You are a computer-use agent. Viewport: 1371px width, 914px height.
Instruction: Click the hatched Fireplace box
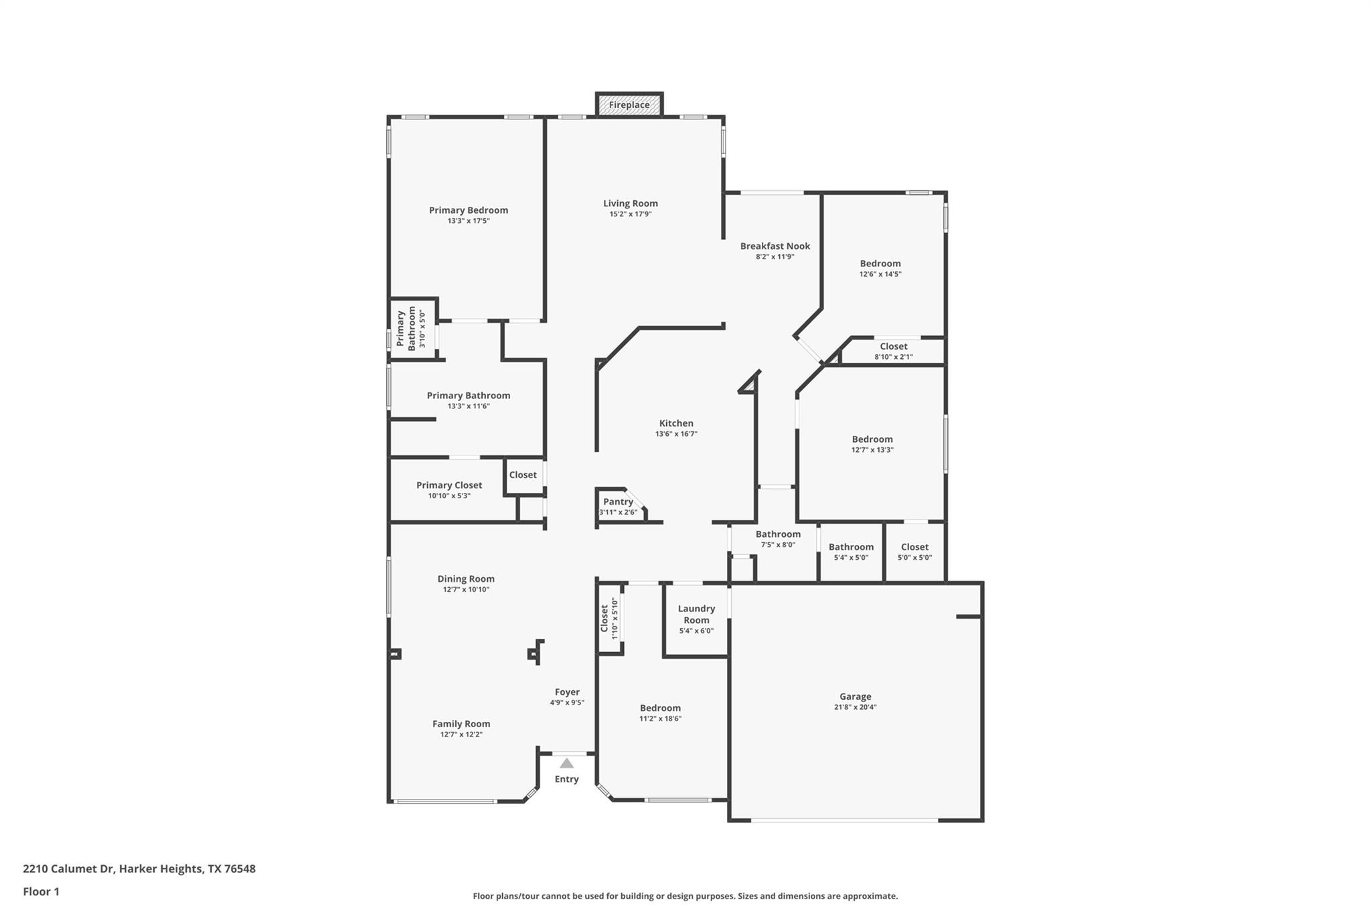tap(629, 104)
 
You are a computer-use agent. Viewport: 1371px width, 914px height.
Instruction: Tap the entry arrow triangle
tap(566, 763)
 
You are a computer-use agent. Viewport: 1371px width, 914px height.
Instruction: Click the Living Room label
tap(630, 204)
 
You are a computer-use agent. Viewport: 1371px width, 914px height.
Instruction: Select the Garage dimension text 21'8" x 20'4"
tap(855, 707)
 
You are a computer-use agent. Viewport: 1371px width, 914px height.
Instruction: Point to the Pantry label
tap(618, 502)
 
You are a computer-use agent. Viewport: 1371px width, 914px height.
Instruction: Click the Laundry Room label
tap(696, 614)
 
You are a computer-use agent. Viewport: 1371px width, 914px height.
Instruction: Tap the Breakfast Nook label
tap(775, 246)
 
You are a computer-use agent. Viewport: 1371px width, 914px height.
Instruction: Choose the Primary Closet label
tap(449, 485)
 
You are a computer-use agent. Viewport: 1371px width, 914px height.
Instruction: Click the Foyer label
tap(567, 692)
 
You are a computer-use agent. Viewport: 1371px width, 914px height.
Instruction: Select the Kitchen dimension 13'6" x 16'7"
tap(676, 434)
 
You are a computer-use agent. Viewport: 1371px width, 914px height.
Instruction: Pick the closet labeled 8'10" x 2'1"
tap(893, 351)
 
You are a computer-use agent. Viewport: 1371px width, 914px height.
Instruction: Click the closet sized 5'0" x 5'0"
tap(914, 551)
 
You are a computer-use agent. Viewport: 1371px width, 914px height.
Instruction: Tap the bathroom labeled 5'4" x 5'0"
tap(851, 551)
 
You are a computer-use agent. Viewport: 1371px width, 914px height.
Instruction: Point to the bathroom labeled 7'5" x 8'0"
tap(778, 538)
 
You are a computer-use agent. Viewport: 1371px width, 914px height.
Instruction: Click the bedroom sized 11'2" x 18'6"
tap(660, 712)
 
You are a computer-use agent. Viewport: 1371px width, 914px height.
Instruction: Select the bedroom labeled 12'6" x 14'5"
tap(880, 268)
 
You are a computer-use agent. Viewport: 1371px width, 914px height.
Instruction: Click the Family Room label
tap(461, 724)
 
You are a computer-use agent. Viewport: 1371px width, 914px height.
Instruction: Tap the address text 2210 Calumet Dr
tap(68, 869)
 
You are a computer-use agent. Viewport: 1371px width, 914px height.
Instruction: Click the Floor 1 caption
tap(42, 892)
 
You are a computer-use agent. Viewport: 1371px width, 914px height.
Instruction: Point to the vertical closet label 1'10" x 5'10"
tap(609, 619)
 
